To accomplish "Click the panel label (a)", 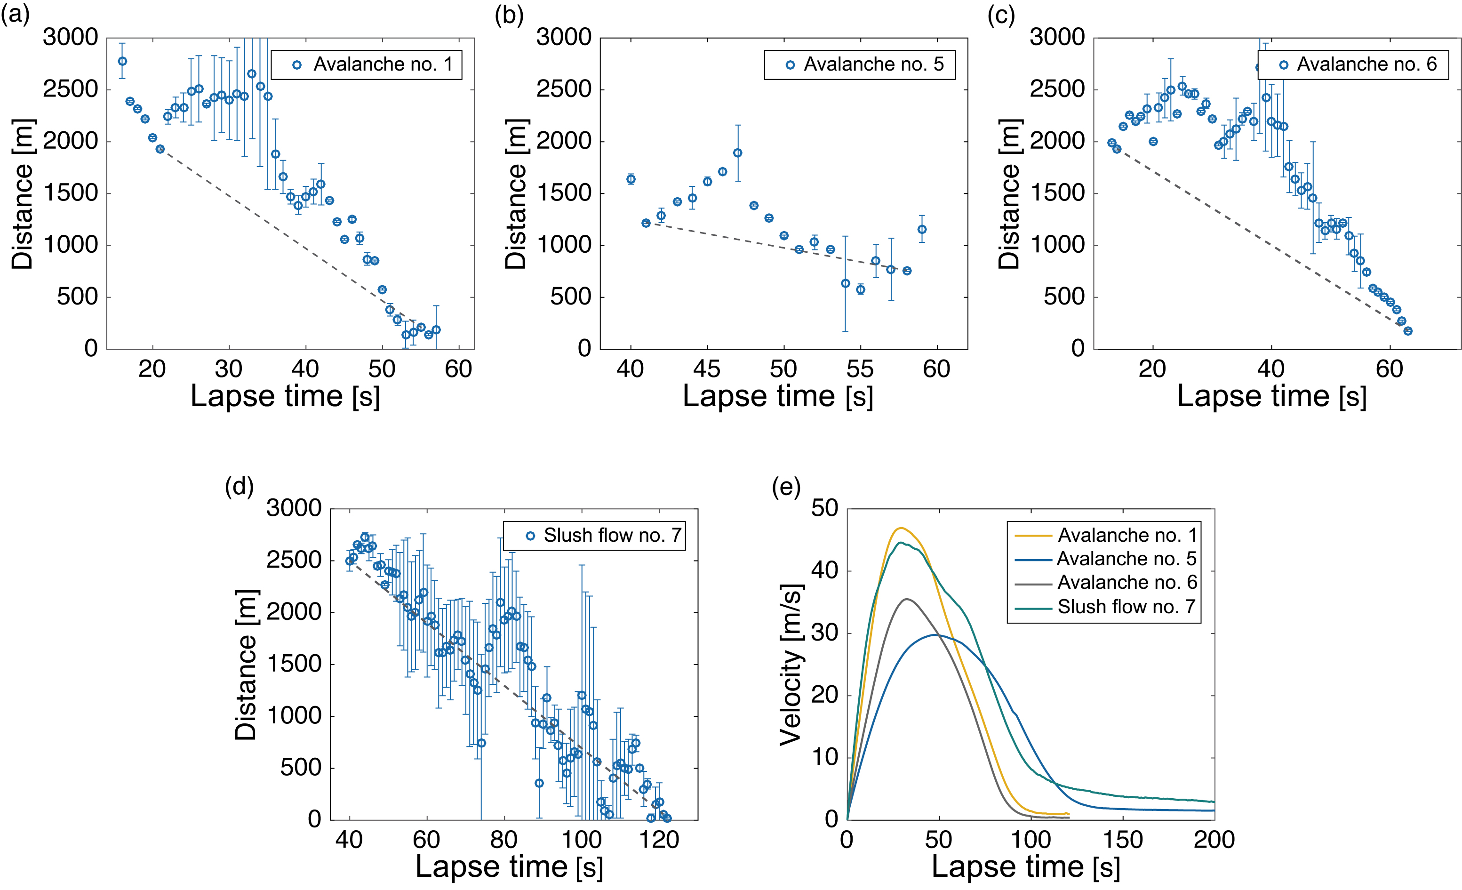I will coord(15,14).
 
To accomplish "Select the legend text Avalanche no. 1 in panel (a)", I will coord(383,64).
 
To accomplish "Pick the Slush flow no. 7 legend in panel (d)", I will coord(612,535).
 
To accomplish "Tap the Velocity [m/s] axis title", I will coord(791,665).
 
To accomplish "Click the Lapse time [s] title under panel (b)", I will coord(778,396).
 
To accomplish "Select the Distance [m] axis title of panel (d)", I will coord(246,665).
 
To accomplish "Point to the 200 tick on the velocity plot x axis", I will coord(1214,840).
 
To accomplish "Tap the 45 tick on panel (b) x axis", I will coord(707,369).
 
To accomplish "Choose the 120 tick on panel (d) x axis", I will coord(659,840).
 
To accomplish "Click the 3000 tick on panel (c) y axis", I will coord(1057,37).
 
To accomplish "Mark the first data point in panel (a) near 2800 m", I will coord(122,61).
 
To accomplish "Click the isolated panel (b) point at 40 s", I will coord(631,179).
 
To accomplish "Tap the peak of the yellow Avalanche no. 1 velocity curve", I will coord(901,528).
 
